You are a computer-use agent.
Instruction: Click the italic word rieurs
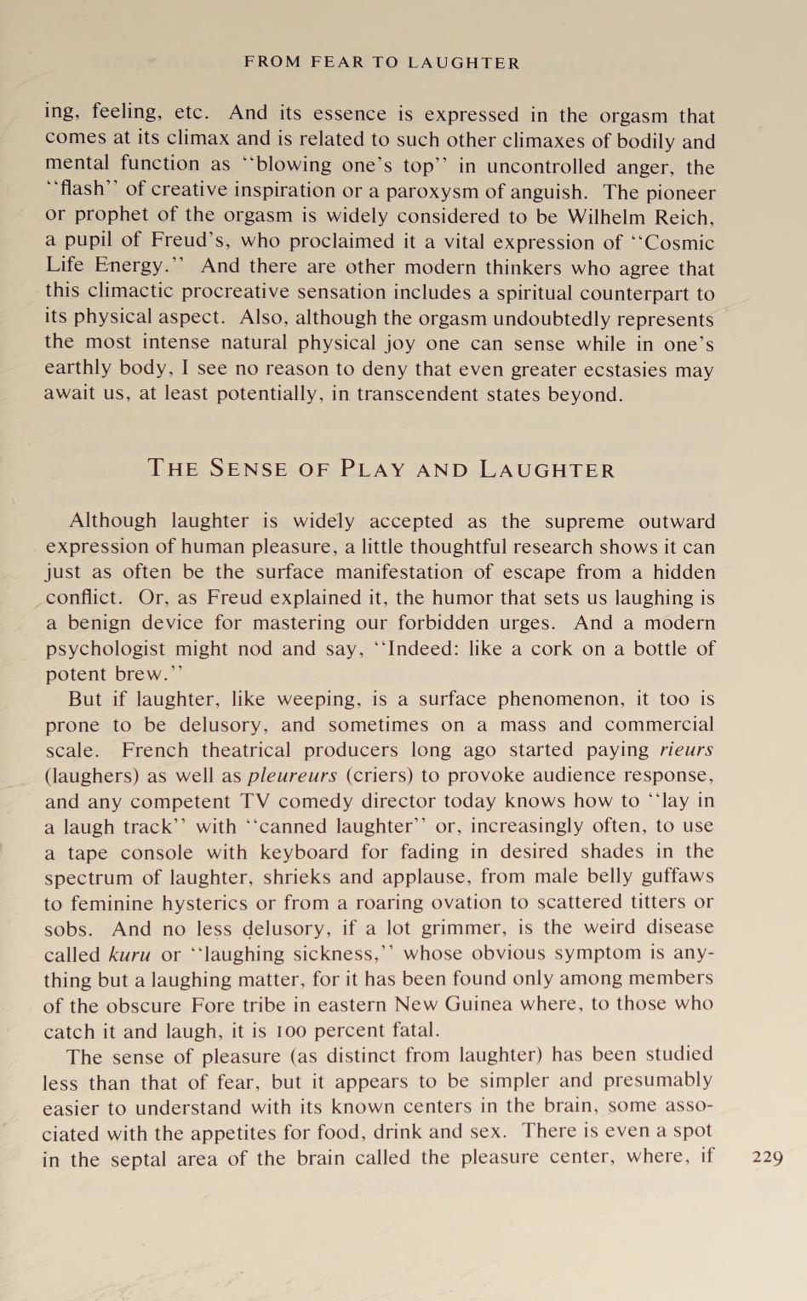click(686, 750)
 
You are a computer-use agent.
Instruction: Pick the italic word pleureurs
click(292, 776)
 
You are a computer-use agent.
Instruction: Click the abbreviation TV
click(254, 801)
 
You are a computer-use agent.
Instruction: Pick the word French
click(155, 750)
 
